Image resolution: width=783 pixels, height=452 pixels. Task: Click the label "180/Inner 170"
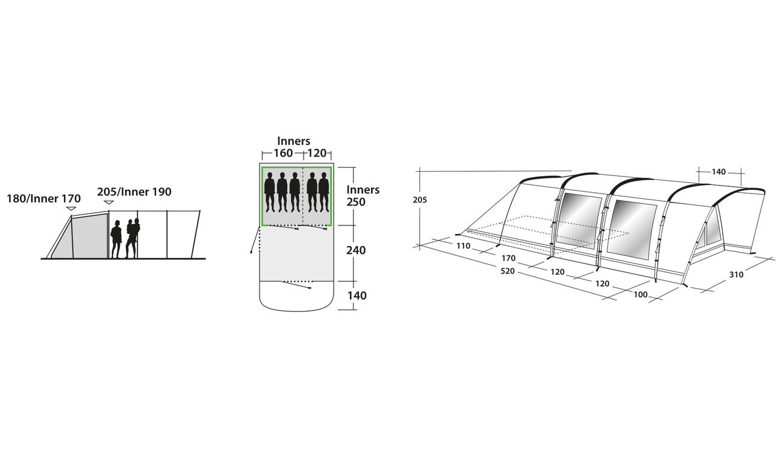(x=44, y=199)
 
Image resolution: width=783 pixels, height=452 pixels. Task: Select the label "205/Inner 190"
(x=134, y=192)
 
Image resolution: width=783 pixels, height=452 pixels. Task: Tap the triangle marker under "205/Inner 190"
(x=109, y=202)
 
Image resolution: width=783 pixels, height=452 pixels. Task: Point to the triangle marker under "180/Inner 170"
(x=71, y=209)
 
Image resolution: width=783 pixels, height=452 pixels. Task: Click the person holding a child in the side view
(x=133, y=238)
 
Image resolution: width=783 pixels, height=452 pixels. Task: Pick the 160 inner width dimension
(x=283, y=153)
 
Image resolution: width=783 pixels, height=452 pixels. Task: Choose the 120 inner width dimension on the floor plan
(x=317, y=153)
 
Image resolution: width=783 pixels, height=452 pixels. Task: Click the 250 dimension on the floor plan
(x=356, y=202)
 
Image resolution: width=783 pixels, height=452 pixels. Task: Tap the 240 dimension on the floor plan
(x=356, y=250)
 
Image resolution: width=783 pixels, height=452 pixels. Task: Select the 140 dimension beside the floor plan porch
(x=357, y=296)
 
